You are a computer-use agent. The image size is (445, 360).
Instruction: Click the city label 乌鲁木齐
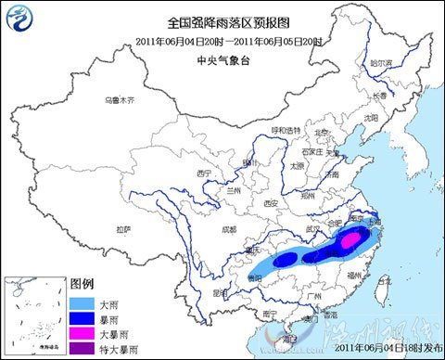click(120, 99)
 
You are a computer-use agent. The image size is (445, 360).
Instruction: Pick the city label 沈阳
click(371, 119)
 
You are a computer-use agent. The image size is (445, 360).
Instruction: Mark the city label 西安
click(271, 202)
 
